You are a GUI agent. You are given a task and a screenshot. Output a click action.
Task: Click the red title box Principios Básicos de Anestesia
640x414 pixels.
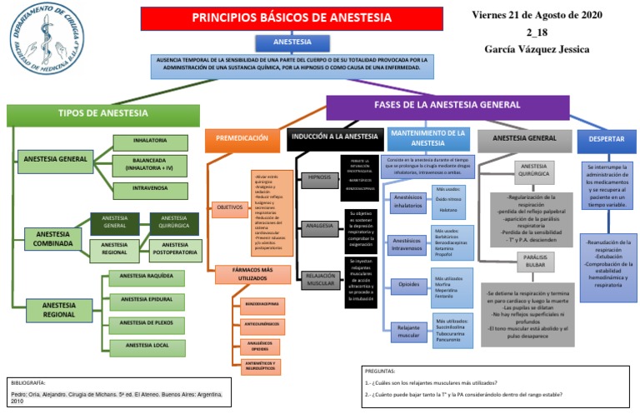point(292,17)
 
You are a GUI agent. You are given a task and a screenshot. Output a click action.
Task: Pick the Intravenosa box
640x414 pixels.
point(149,189)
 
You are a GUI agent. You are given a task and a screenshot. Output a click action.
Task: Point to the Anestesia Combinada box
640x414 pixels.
point(52,239)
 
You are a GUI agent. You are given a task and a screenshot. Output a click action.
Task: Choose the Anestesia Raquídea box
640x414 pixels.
point(147,276)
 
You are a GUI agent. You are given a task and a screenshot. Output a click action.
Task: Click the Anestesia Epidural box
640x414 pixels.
point(147,299)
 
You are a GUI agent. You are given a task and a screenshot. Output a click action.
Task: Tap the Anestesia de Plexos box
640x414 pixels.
point(147,322)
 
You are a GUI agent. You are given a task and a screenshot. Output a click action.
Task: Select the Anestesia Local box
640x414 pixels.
point(147,345)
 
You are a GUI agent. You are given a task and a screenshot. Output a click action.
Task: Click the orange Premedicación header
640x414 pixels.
point(242,138)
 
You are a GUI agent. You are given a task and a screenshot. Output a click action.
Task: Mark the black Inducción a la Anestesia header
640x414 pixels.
point(334,137)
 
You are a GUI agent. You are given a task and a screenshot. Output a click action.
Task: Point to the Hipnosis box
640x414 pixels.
point(318,177)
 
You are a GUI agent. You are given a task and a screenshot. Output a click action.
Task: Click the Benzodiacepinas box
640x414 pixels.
point(260,302)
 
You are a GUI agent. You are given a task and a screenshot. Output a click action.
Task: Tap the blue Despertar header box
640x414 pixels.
point(607,139)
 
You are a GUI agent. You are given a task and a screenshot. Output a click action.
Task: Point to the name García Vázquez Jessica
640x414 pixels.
point(537,49)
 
